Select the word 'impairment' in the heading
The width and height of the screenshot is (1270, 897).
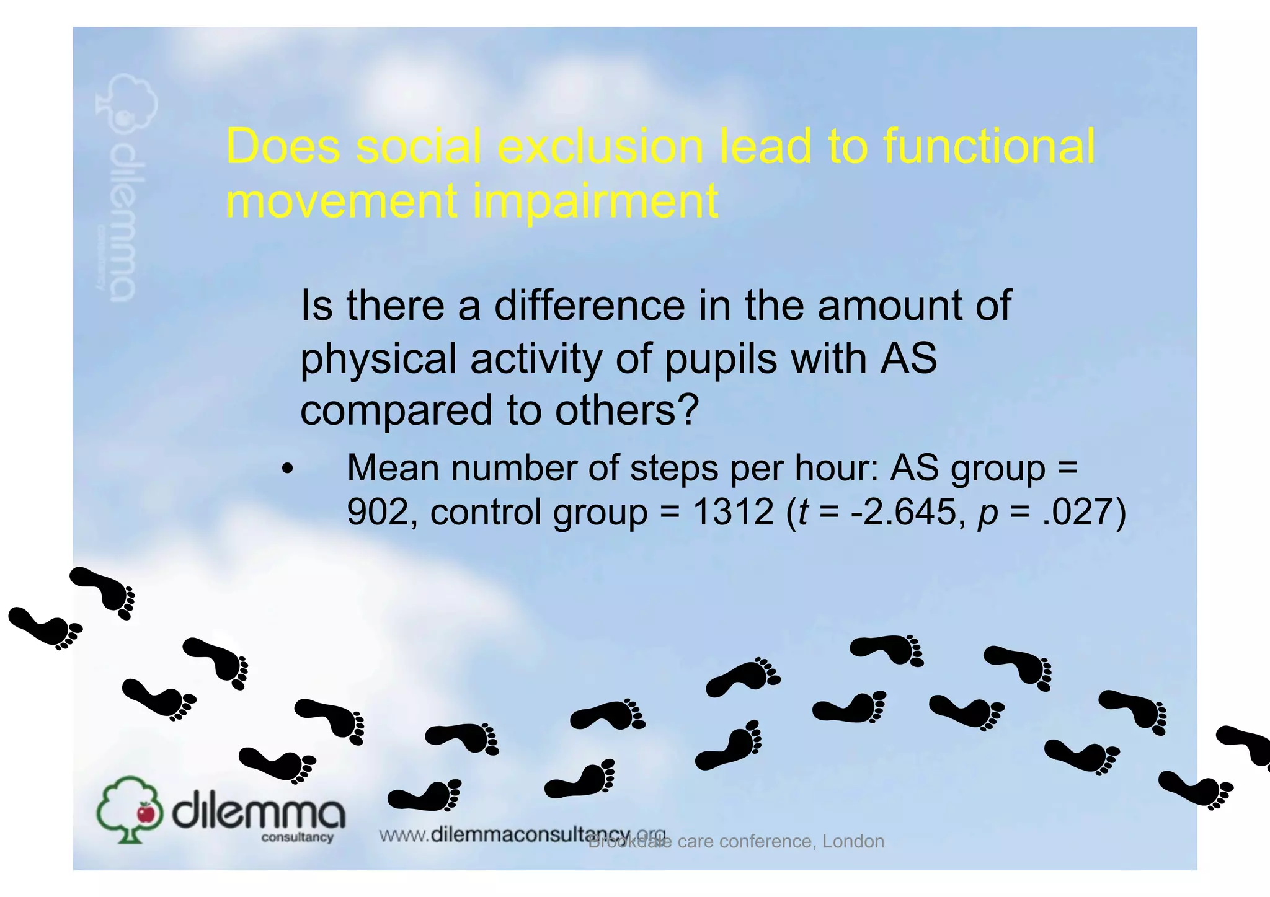595,201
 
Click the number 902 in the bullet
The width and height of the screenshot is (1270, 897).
376,513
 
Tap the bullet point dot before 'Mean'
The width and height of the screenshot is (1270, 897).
286,469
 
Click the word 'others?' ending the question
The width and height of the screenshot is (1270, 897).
627,410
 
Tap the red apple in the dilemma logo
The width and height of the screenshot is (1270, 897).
146,811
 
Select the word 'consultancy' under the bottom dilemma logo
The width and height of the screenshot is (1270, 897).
297,837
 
